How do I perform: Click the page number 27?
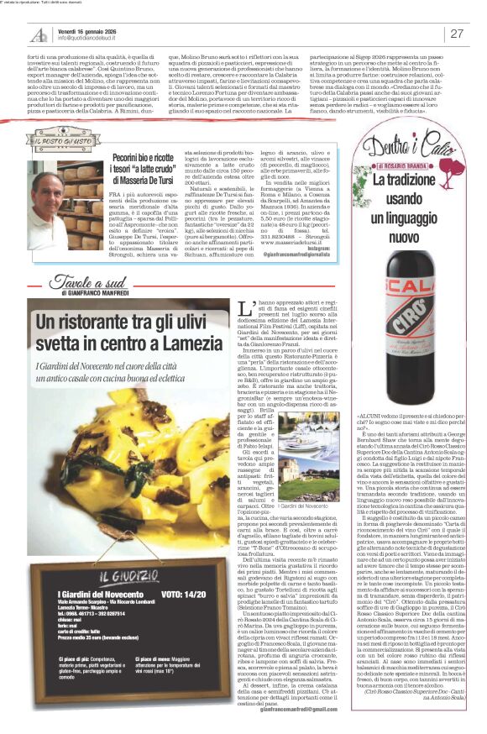click(x=458, y=34)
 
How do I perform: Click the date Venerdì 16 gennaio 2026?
click(x=86, y=29)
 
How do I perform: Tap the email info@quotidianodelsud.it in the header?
click(x=87, y=39)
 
